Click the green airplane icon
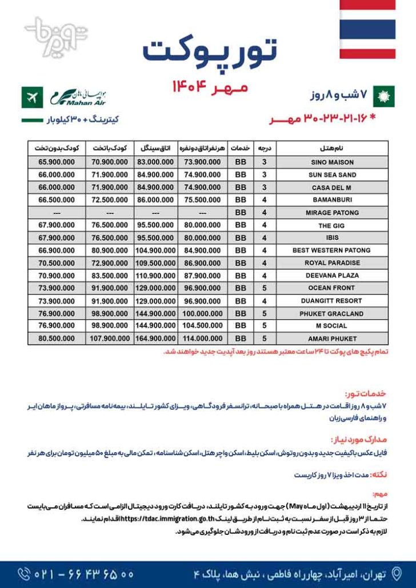[x=31, y=98]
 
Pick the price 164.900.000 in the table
[x=157, y=339]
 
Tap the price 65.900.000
[x=57, y=162]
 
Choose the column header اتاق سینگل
[x=157, y=148]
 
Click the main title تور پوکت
[x=209, y=51]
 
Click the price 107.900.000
[x=107, y=339]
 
